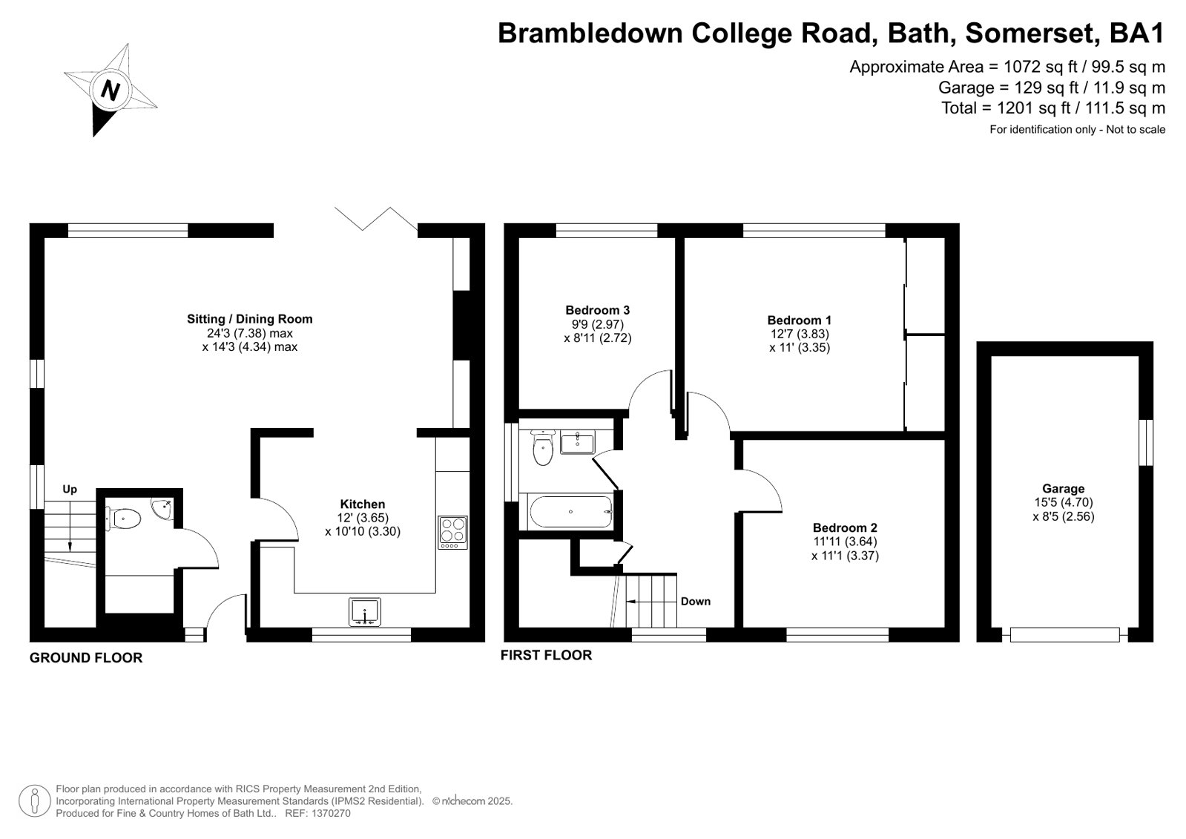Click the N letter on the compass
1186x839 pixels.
110,91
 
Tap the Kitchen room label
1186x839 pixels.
362,504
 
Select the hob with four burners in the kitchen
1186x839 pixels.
452,533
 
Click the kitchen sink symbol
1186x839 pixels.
365,612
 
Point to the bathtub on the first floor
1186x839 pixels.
571,512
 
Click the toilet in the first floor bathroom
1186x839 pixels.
543,447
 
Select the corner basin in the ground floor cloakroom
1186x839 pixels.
162,508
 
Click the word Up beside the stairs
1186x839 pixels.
70,489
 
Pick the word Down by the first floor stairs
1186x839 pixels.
695,601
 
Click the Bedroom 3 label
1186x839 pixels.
597,310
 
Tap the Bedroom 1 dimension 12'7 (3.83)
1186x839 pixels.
799,334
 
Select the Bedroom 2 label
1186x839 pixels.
845,527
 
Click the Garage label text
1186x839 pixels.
1063,488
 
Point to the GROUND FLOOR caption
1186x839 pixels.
86,658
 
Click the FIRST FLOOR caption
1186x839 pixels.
546,655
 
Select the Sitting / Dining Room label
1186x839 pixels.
249,319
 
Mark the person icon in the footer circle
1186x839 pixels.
35,800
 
